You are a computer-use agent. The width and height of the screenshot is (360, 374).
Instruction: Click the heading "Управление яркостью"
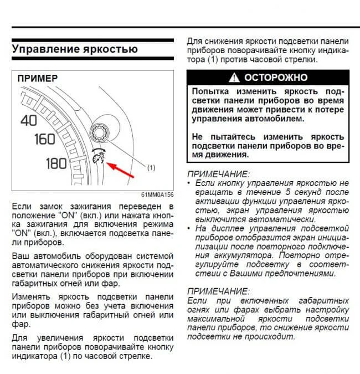74,48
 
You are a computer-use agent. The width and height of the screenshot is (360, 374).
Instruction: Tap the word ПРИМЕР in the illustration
38,79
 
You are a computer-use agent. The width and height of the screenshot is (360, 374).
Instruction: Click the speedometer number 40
28,119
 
